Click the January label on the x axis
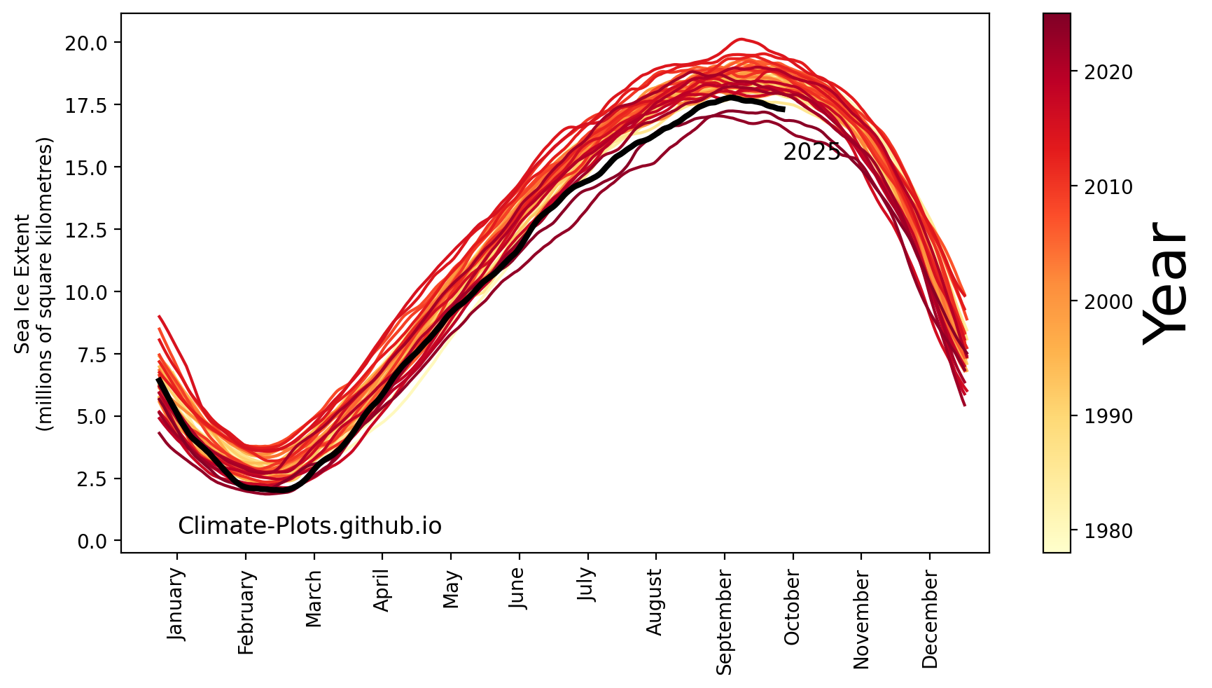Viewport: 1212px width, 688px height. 176,604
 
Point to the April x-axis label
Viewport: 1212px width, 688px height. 382,591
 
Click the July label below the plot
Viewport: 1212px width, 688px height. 587,585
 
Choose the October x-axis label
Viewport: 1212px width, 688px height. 792,607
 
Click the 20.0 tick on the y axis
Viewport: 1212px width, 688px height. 85,43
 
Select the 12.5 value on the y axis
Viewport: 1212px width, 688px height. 85,230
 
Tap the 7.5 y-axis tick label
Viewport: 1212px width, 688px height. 90,355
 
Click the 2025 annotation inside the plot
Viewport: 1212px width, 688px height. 812,152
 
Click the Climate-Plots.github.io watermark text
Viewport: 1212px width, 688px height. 309,526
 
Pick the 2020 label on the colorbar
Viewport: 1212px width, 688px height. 1108,72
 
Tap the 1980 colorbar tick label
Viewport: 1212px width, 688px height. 1108,531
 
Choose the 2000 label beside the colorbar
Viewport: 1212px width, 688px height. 1108,302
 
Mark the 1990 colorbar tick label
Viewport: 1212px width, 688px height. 1108,416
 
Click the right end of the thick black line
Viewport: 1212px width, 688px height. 783,109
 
